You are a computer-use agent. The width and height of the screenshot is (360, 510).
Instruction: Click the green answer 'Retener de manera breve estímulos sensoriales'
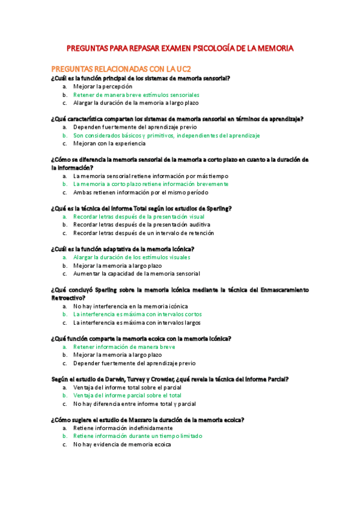coord(136,94)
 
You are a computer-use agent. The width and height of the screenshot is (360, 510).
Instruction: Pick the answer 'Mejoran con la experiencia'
coord(109,144)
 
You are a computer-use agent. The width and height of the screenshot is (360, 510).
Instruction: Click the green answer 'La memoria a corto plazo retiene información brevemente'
coord(150,184)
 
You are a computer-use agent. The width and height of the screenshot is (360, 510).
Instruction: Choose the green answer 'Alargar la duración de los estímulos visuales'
coord(139,257)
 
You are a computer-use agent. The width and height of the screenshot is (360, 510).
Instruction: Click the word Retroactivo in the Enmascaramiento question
coord(68,298)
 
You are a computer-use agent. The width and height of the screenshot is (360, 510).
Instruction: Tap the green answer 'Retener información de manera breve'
coord(124,347)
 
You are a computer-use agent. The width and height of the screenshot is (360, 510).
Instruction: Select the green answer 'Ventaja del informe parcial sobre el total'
coord(127,396)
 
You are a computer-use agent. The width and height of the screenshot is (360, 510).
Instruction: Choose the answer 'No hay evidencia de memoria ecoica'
coord(121,444)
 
